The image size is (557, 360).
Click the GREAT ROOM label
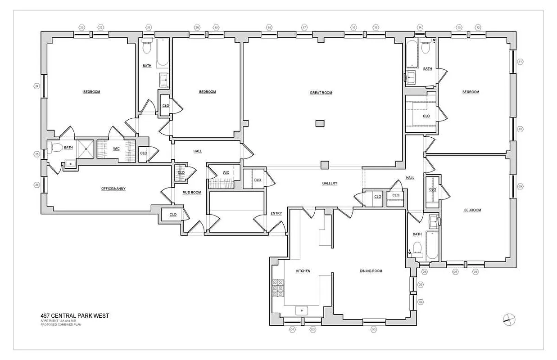(321, 93)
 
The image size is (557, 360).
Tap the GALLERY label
(330, 183)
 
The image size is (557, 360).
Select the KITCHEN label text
(303, 271)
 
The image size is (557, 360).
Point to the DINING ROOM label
(371, 271)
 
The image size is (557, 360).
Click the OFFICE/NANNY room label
(113, 189)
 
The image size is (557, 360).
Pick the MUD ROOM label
(191, 192)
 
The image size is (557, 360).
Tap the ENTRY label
(276, 213)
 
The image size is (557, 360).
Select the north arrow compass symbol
(509, 319)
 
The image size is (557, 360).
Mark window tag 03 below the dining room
(373, 330)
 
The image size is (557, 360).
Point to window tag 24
(37, 86)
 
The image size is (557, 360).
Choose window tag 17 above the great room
(304, 27)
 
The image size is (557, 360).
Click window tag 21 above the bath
(149, 27)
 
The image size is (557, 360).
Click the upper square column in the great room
(320, 123)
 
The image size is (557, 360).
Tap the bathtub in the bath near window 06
(432, 246)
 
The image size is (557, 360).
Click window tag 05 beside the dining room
(421, 284)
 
